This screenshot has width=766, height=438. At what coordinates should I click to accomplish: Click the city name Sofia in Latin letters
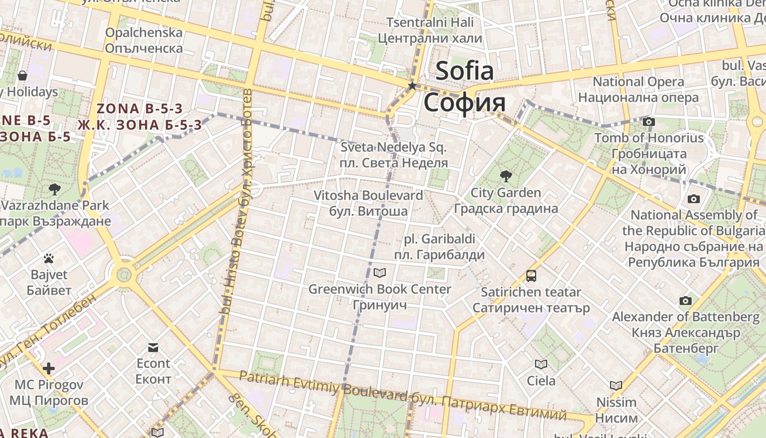(x=464, y=71)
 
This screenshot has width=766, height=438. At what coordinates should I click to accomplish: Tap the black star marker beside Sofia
(x=412, y=86)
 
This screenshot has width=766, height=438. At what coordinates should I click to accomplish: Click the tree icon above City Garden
(x=506, y=176)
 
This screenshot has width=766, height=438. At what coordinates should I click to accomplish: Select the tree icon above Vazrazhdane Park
(x=54, y=189)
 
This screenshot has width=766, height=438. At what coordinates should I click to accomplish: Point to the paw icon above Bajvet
(x=49, y=258)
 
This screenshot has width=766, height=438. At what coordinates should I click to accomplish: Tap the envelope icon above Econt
(x=153, y=348)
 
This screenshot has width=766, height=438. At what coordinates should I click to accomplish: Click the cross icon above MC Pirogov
(x=49, y=368)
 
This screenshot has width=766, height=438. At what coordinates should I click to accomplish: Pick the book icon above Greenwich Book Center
(x=379, y=273)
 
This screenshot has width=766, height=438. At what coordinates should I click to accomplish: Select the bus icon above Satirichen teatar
(x=531, y=276)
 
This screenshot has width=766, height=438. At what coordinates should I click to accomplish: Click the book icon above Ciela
(x=541, y=364)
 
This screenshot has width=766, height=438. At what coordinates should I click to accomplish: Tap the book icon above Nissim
(x=616, y=385)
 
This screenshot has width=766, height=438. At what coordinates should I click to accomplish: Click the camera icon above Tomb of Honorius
(x=649, y=122)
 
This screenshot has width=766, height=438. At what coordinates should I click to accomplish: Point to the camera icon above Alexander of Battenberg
(x=686, y=301)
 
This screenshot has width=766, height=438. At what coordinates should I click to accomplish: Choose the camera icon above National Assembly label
(x=694, y=199)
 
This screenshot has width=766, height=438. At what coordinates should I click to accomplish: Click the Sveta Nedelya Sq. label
(x=394, y=147)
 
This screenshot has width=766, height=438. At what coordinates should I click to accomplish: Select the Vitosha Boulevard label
(x=368, y=195)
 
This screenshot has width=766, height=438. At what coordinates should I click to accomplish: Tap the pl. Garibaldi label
(x=439, y=239)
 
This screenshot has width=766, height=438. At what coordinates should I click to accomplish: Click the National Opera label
(x=638, y=82)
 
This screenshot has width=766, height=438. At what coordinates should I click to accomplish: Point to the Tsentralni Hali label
(x=431, y=22)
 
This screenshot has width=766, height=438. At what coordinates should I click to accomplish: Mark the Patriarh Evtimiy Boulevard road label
(x=323, y=384)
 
